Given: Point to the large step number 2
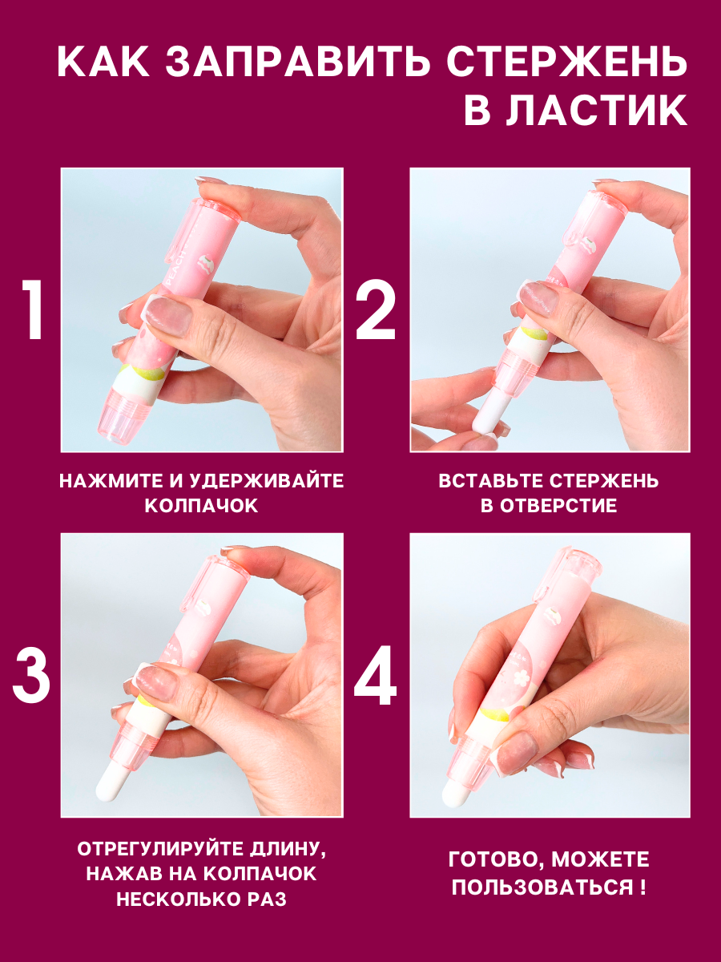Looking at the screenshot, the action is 376,310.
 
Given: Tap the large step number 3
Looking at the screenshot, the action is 31,675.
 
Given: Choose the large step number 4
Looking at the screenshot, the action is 375,675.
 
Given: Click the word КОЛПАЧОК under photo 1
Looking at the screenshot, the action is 201,505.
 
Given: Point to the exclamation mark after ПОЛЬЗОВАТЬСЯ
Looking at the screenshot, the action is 642,886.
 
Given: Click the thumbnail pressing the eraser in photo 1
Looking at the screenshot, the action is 166,315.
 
